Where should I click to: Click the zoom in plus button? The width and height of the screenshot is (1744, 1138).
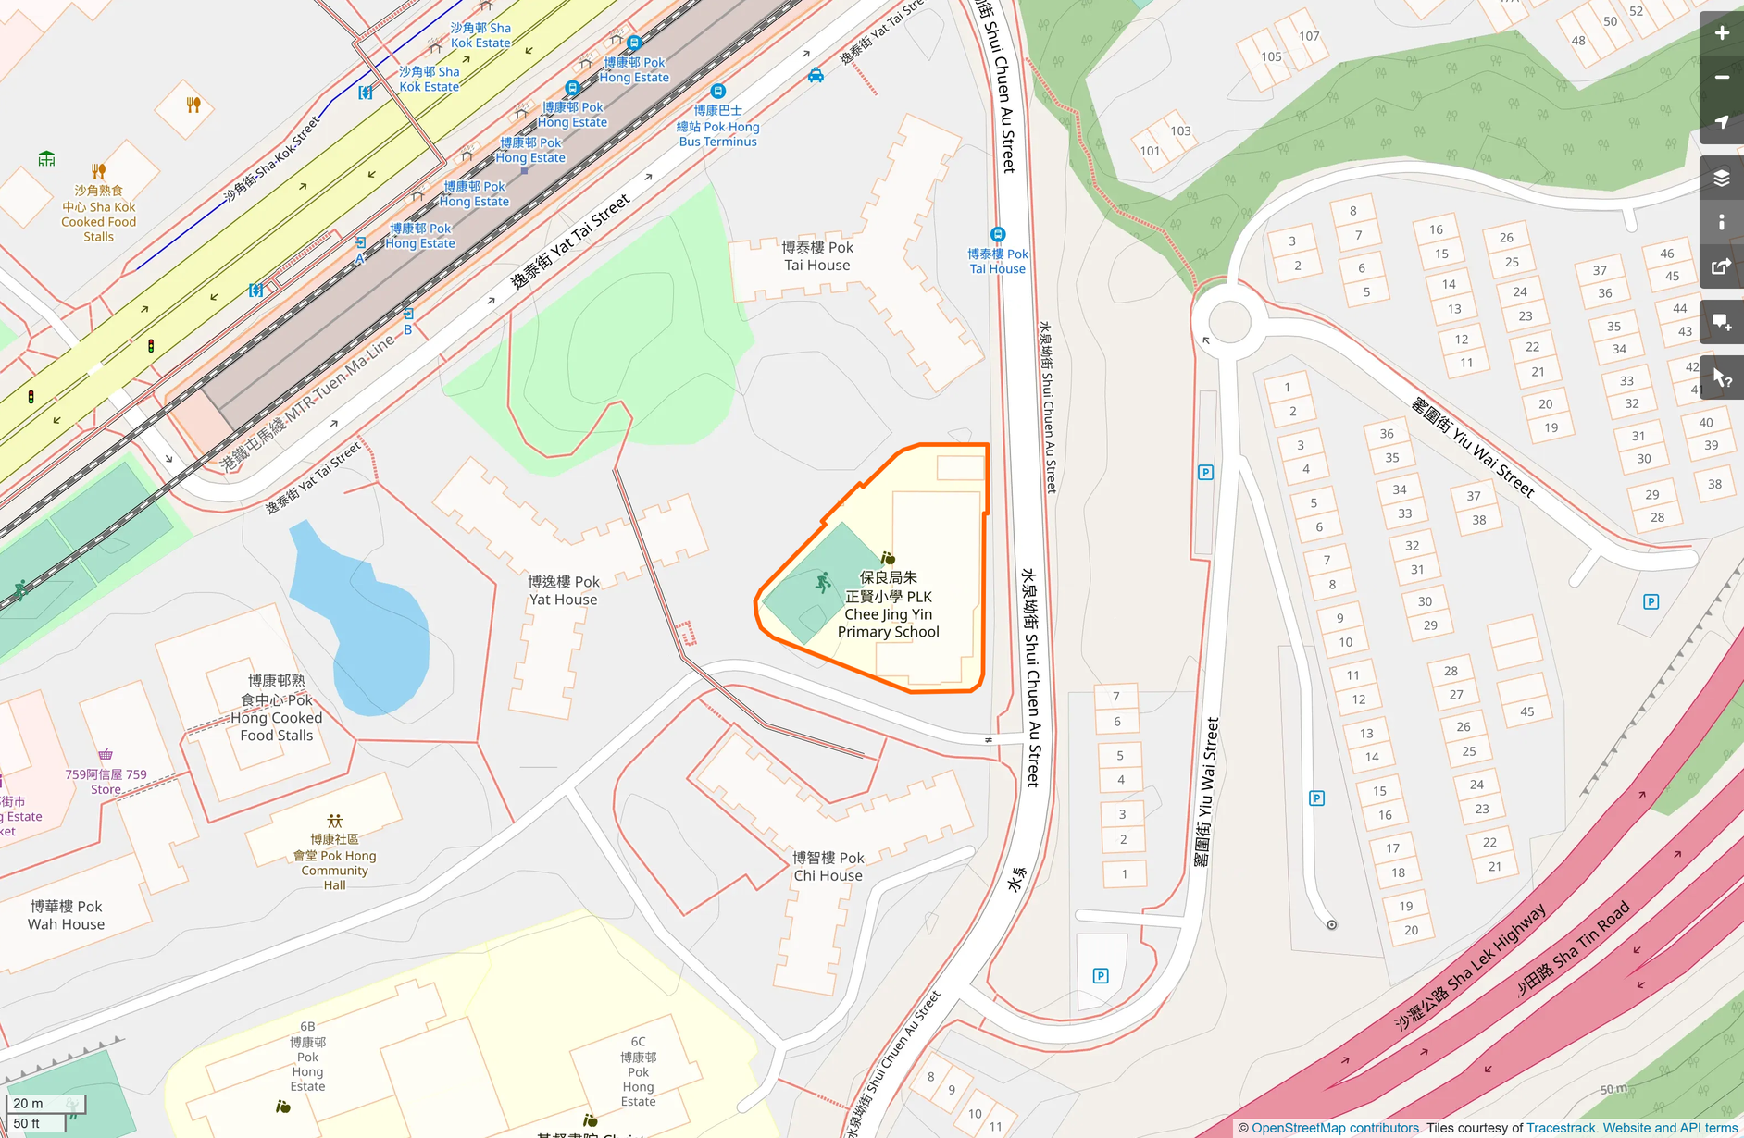tap(1721, 33)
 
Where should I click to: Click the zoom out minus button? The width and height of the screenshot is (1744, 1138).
tap(1721, 78)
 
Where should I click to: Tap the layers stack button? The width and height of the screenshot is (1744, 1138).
tap(1721, 178)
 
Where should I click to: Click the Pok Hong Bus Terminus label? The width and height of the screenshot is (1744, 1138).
tap(717, 126)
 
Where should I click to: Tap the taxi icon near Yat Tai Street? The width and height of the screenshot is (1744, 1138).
tap(816, 76)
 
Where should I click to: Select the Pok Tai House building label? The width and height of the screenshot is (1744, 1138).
tap(817, 256)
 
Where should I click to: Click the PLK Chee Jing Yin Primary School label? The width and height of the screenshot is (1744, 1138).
tap(888, 605)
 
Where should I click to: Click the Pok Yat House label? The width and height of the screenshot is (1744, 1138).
tap(563, 590)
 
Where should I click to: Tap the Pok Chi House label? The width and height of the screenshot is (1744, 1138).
tap(828, 866)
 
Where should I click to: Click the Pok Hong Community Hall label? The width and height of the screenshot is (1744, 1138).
tap(334, 861)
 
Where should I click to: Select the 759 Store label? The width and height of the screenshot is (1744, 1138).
tap(106, 781)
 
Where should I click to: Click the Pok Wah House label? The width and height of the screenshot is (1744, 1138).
tap(66, 915)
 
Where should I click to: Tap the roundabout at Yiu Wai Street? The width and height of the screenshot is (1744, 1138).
tap(1229, 322)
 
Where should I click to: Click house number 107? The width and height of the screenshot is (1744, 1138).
tap(1309, 36)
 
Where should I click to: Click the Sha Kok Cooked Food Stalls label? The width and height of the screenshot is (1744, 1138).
tap(98, 214)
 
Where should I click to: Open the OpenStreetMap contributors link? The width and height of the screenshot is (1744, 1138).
tap(1335, 1128)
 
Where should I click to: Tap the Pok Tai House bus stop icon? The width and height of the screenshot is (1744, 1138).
tap(997, 235)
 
